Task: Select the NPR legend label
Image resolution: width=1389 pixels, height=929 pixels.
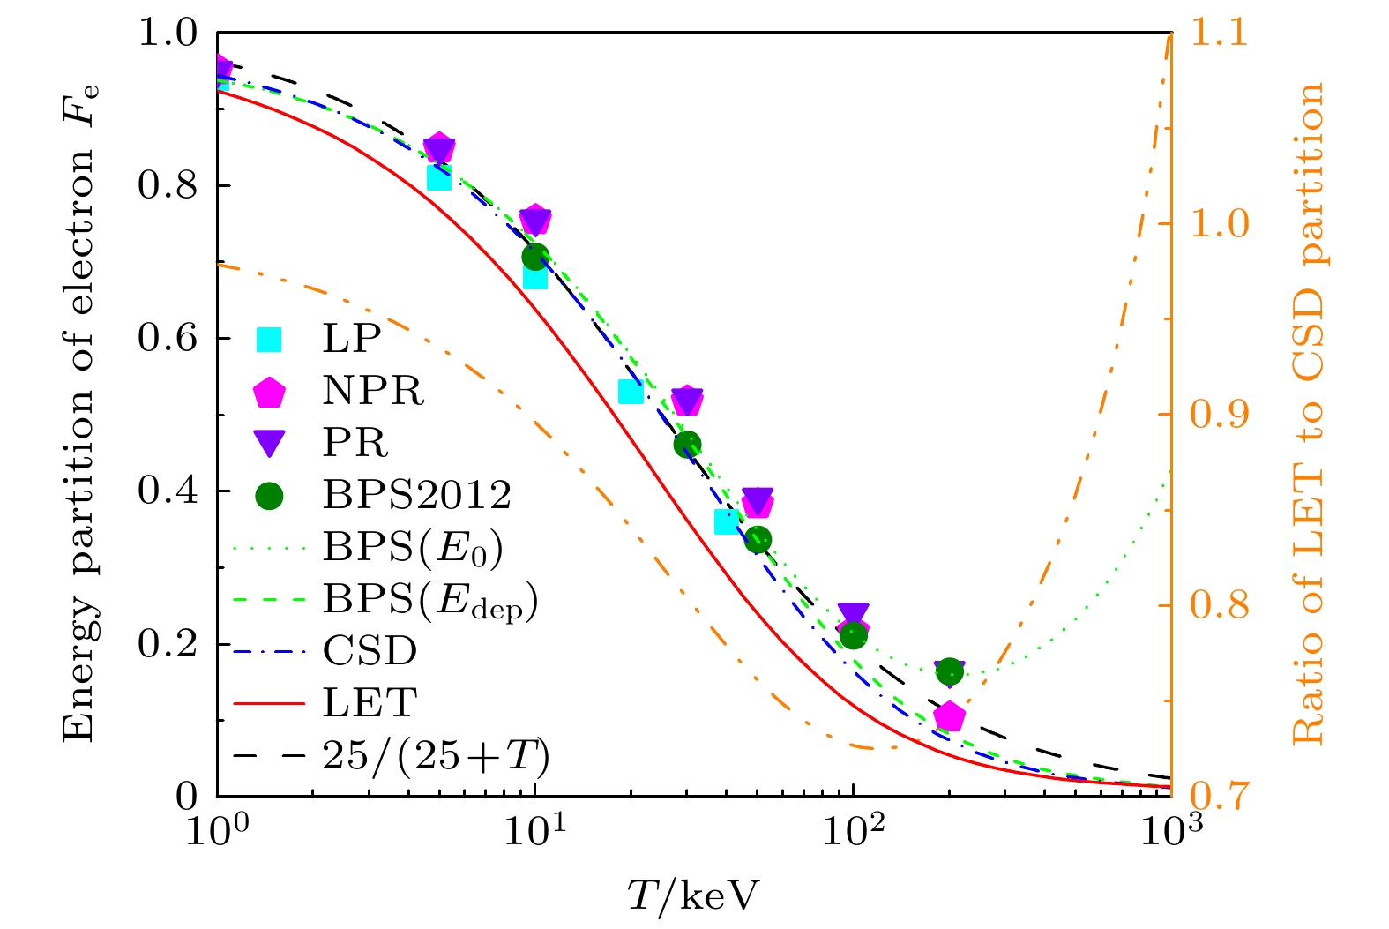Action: [x=373, y=391]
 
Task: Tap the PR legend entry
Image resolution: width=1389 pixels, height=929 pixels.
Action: [x=355, y=443]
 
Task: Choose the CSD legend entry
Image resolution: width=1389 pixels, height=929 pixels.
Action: [x=370, y=651]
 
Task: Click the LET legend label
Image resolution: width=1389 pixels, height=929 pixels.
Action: [x=370, y=703]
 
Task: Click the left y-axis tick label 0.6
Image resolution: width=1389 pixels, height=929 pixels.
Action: [x=168, y=339]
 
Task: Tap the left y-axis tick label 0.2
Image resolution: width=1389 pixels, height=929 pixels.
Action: [x=168, y=644]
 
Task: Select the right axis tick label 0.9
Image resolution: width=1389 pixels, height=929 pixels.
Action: [x=1220, y=414]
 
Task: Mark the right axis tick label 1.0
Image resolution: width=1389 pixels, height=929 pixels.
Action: [x=1220, y=223]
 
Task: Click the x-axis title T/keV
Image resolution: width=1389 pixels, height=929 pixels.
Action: [x=693, y=895]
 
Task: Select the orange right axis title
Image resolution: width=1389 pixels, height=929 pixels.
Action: [x=1309, y=414]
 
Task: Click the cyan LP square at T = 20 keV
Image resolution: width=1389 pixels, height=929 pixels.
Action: [x=631, y=391]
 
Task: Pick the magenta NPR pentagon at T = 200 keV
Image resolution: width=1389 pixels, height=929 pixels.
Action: [x=949, y=716]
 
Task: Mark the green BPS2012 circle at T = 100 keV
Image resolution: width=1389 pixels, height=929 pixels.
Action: [x=853, y=635]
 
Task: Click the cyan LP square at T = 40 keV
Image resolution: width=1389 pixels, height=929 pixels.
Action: [x=727, y=521]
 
